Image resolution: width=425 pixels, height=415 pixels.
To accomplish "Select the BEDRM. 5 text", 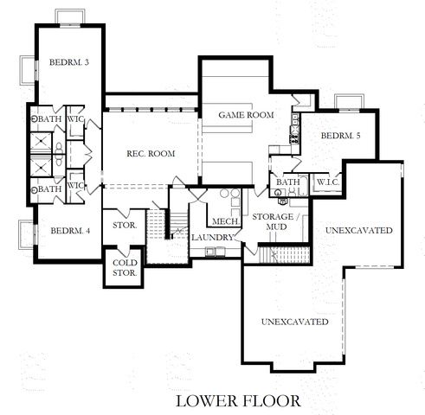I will (341, 137).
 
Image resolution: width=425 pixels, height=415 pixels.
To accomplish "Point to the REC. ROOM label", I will (151, 154).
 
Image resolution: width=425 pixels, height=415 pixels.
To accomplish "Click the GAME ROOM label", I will (246, 115).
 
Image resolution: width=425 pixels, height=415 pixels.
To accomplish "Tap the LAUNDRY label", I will (213, 237).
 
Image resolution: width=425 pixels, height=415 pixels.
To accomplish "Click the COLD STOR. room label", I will (123, 269).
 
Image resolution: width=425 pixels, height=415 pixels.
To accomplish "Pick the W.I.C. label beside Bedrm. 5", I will (327, 182).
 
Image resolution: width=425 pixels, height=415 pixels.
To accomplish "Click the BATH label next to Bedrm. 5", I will (287, 182).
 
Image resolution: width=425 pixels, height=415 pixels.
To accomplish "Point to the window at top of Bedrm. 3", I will (69, 17).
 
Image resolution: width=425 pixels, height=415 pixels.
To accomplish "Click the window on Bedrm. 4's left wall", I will (24, 233).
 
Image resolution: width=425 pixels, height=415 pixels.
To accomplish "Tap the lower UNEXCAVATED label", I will (294, 322).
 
